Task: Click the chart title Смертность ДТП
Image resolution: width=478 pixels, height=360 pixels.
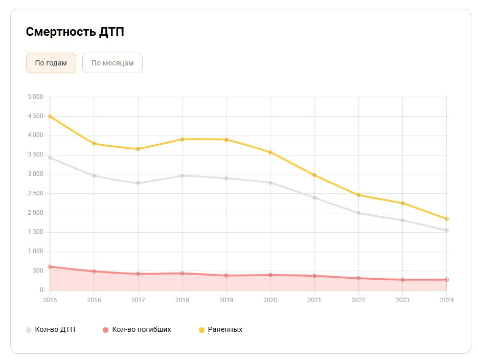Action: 75,32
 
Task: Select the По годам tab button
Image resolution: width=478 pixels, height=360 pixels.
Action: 51,63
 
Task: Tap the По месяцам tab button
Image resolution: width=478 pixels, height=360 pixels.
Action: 112,63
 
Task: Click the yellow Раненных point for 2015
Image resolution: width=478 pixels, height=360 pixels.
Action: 50,117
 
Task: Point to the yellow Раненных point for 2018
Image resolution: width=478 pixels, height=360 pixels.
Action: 182,139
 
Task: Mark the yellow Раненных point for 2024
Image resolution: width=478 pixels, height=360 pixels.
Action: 446,219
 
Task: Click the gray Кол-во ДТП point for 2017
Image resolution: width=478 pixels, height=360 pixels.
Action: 138,183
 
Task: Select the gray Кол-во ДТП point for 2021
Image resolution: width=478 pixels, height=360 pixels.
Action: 314,197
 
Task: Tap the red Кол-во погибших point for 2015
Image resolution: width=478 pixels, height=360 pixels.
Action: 50,266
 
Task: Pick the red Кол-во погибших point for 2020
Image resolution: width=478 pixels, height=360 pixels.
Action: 270,275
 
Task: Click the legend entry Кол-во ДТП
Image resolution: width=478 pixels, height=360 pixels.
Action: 51,330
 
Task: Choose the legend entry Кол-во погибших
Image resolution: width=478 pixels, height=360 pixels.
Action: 136,330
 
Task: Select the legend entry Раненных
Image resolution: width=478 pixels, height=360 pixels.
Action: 220,330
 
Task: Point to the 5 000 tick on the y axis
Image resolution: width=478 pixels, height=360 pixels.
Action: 35,97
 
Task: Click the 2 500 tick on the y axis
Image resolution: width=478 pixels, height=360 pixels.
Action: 35,193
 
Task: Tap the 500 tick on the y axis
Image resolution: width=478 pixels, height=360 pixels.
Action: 38,271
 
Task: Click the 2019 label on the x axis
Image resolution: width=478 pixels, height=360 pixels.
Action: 226,300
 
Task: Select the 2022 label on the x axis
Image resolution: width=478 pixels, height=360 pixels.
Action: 358,300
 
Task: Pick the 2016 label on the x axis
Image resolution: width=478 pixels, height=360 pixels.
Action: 94,300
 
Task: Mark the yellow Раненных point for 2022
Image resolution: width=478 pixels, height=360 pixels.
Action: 358,195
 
